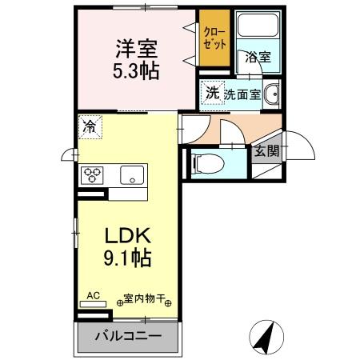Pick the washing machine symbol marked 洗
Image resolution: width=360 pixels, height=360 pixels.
(x=211, y=92)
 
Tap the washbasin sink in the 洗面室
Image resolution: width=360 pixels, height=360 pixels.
(x=270, y=94)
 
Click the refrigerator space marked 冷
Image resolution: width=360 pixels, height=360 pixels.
(x=90, y=126)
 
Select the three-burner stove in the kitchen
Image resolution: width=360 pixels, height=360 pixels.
(x=91, y=174)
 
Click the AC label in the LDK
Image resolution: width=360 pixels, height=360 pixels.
(x=94, y=295)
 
